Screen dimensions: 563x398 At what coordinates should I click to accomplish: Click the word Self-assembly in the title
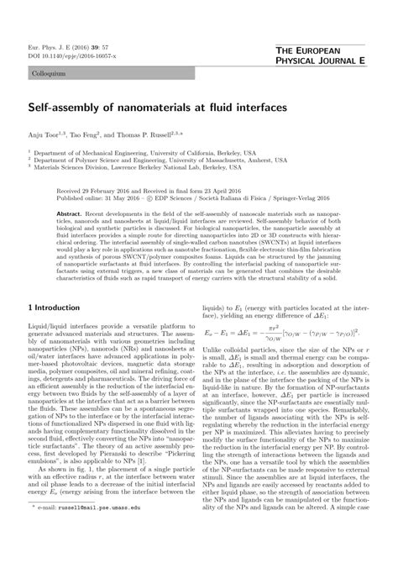point(62,108)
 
